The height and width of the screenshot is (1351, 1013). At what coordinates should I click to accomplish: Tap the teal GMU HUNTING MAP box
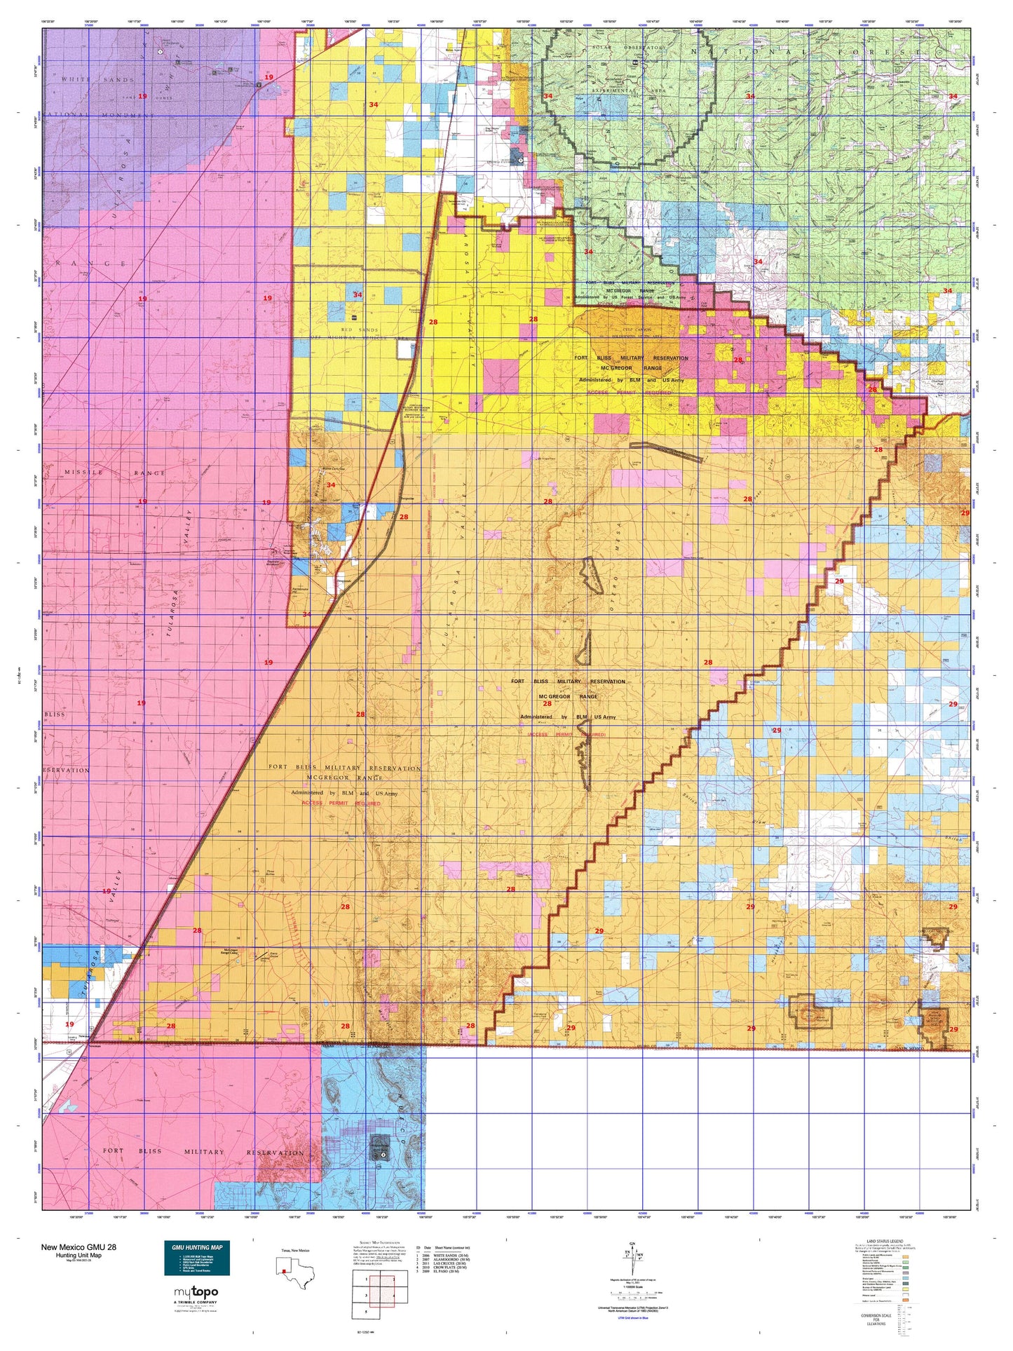[196, 1258]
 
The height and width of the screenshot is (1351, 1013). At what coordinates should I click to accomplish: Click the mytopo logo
[196, 1292]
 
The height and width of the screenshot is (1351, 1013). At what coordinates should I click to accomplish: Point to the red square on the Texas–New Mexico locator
[283, 1271]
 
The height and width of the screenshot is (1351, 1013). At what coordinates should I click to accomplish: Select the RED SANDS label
[359, 330]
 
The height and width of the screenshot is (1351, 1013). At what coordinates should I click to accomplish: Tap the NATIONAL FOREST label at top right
[813, 52]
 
